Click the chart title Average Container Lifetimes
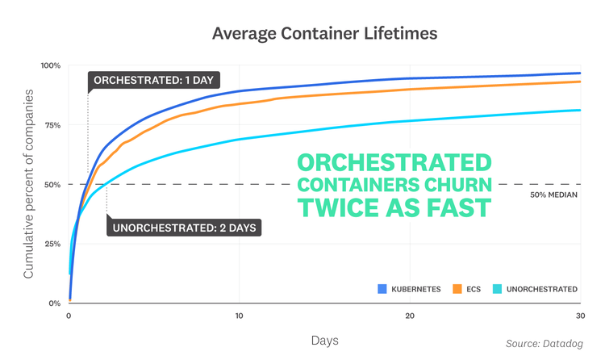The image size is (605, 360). (302, 34)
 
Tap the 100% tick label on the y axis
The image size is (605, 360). (52, 65)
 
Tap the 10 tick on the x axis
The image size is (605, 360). (240, 316)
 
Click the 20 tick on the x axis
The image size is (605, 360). (410, 316)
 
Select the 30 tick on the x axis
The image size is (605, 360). (580, 316)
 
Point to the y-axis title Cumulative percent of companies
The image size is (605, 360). (29, 185)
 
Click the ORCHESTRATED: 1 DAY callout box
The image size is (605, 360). (153, 82)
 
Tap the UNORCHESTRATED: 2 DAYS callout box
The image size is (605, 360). (184, 228)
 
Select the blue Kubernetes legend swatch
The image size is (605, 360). (383, 289)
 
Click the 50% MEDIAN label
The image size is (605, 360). (554, 195)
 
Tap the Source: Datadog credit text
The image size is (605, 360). (545, 344)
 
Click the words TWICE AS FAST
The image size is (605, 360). (394, 207)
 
